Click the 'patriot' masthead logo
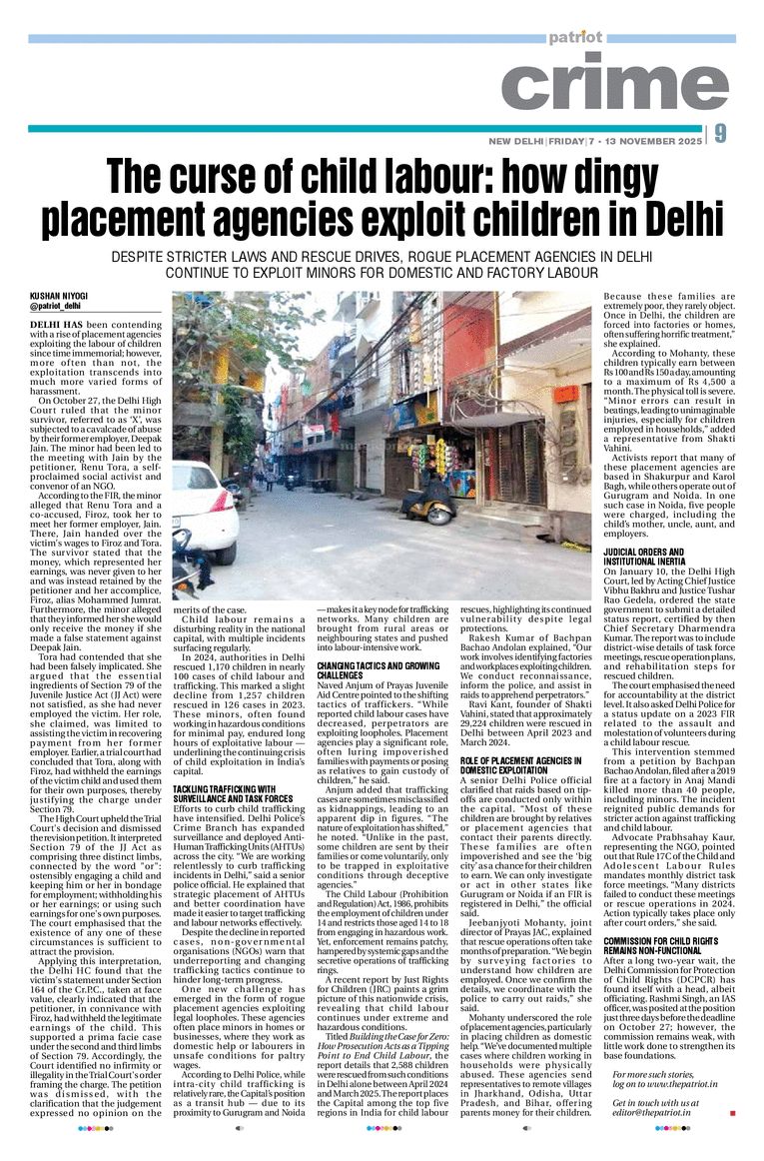(575, 37)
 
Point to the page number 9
(720, 133)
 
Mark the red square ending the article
(732, 1112)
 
